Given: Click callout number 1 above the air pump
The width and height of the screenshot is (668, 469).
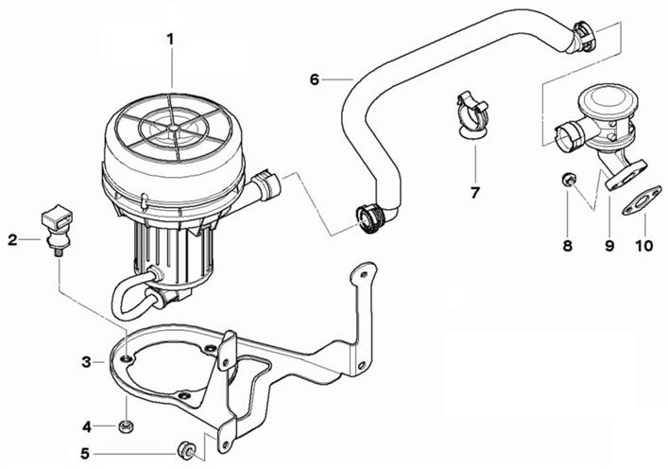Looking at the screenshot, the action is [170, 39].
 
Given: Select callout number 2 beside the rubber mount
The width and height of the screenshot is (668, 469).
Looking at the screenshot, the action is [13, 240].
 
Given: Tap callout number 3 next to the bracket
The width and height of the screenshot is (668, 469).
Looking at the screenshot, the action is [87, 362].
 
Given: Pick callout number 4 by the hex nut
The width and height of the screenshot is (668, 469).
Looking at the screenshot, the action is [87, 426].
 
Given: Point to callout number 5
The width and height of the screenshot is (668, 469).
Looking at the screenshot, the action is [85, 454].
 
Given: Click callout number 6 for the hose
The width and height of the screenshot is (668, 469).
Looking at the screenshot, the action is [315, 79].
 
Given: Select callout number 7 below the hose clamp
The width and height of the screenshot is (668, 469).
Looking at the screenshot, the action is [475, 193].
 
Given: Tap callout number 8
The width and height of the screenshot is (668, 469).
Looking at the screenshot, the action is [568, 246].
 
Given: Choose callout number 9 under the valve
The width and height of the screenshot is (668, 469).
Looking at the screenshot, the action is [609, 246].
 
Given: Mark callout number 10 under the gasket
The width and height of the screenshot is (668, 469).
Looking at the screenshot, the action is [643, 246].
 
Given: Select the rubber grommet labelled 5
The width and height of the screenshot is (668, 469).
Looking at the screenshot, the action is [186, 451].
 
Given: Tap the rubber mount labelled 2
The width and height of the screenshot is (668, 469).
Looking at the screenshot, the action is [57, 229].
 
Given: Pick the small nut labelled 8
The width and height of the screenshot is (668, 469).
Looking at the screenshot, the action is [567, 180].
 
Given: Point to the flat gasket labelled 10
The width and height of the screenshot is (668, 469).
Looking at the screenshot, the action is [642, 200].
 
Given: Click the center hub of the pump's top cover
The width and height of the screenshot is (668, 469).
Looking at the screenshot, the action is [173, 128].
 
